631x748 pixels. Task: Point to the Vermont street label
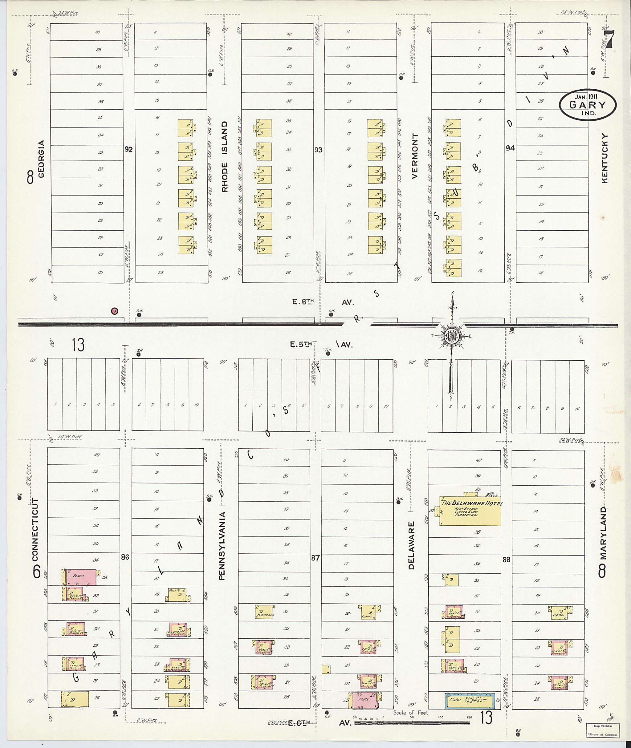pyautogui.click(x=415, y=156)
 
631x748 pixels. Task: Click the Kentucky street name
pyautogui.click(x=605, y=158)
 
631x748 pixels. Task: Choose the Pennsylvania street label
pyautogui.click(x=222, y=546)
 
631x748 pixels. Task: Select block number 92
pyautogui.click(x=128, y=149)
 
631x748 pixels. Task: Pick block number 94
pyautogui.click(x=510, y=148)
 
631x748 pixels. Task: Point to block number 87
pyautogui.click(x=315, y=558)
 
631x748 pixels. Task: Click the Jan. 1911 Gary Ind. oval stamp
pyautogui.click(x=588, y=104)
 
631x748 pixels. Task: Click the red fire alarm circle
pyautogui.click(x=115, y=311)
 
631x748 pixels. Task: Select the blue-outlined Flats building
pyautogui.click(x=470, y=701)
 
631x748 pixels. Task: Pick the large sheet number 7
pyautogui.click(x=609, y=39)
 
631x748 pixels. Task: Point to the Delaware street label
pyautogui.click(x=411, y=545)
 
